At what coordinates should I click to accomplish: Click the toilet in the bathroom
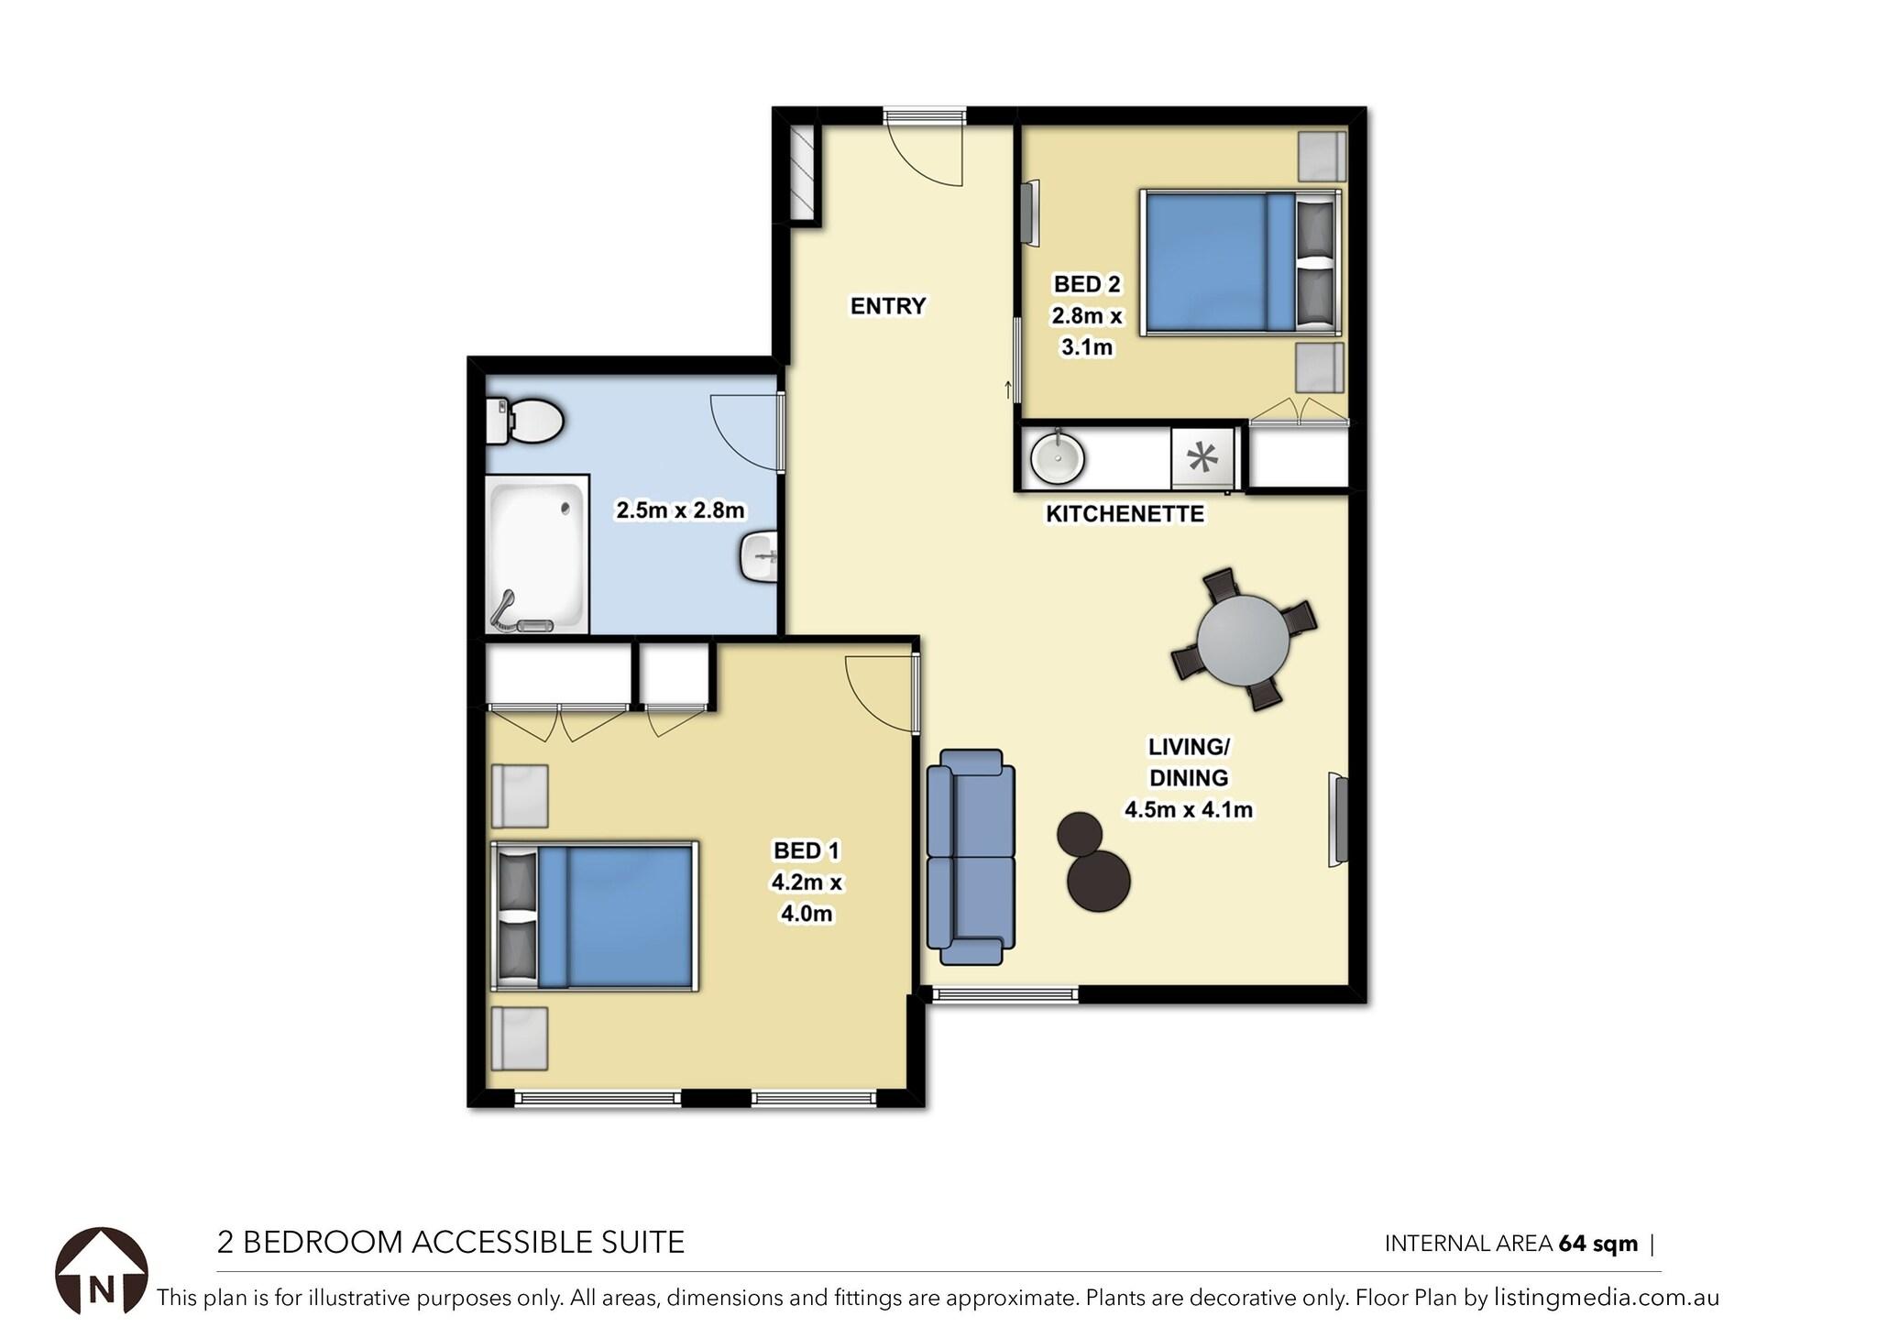[526, 422]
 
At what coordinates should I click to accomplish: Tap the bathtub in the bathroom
[536, 554]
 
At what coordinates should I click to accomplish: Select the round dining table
[1243, 640]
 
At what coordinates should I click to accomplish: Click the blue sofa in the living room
[971, 856]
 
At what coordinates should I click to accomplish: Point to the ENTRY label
[887, 306]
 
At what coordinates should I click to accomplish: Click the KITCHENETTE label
[1125, 514]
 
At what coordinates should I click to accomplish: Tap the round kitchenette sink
[1057, 458]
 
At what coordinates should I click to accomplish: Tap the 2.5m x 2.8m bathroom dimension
[679, 510]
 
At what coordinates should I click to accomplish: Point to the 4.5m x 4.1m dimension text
[1188, 810]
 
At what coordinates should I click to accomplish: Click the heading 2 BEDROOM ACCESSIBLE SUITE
[450, 1243]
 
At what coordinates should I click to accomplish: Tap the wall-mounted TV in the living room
[1340, 819]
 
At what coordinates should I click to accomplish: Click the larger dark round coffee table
[1098, 881]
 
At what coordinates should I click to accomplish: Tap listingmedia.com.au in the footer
[1606, 1298]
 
